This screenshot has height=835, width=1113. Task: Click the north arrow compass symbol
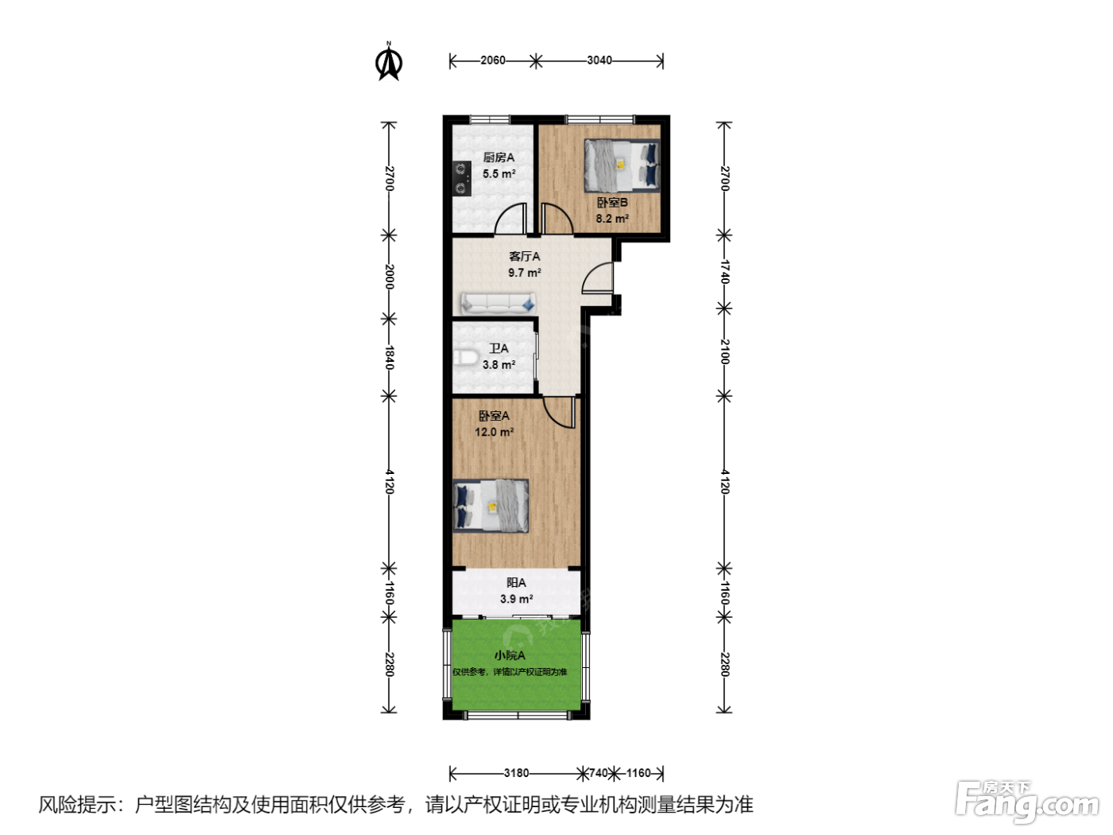[389, 62]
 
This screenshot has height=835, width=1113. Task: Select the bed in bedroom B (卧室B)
[622, 165]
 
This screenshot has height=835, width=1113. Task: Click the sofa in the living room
[498, 303]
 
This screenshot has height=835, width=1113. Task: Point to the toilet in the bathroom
[465, 357]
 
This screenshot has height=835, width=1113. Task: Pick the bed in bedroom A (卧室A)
[491, 506]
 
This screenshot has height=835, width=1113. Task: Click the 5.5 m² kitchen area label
[499, 173]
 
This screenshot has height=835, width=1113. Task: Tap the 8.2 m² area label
[612, 219]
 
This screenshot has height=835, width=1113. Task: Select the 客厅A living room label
[524, 256]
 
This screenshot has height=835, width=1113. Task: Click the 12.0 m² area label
[494, 432]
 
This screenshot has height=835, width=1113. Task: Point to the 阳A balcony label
[516, 583]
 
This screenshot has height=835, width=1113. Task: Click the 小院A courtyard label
[510, 655]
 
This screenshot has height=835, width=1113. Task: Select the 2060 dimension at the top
[493, 60]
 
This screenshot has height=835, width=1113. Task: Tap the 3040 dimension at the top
[599, 60]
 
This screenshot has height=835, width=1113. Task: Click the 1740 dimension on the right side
[724, 272]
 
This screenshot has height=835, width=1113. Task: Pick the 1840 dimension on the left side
[389, 357]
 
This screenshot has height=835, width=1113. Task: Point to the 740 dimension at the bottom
[599, 773]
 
